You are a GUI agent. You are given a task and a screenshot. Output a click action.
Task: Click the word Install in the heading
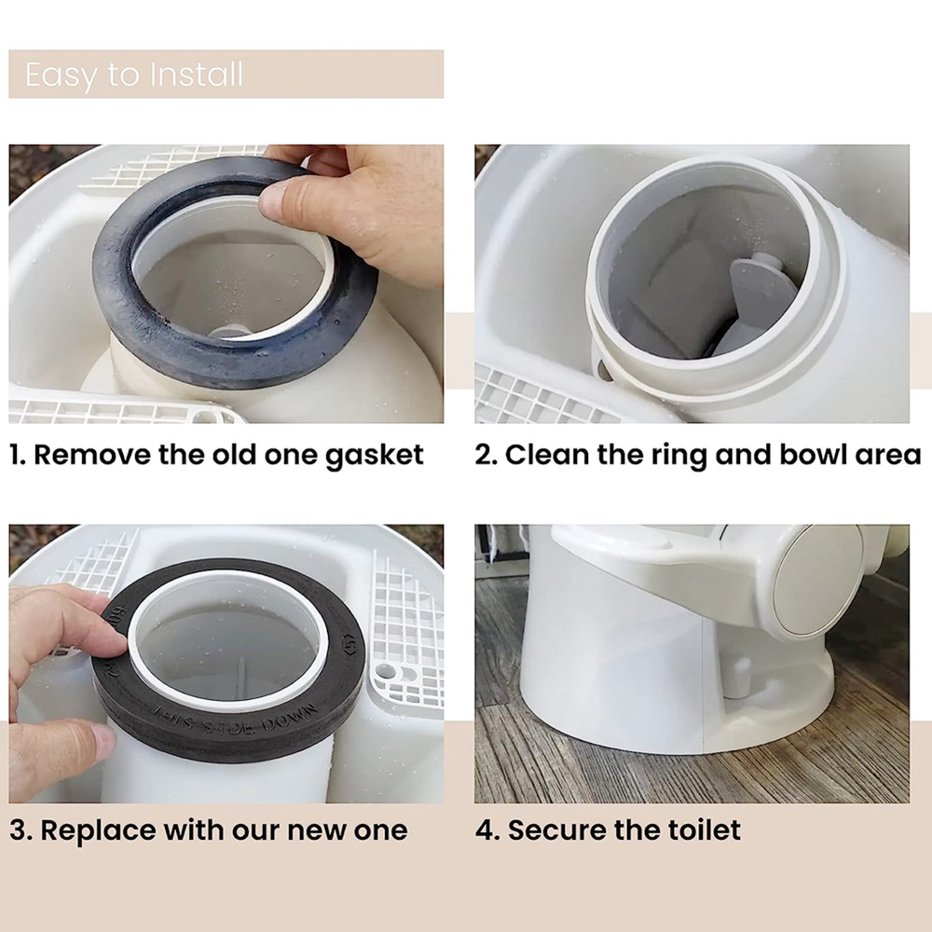point(197,75)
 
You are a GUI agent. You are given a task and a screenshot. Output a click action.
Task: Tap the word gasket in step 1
point(375,456)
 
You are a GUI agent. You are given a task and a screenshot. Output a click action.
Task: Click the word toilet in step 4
point(706,829)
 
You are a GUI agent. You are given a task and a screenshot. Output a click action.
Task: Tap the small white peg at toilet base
point(739,676)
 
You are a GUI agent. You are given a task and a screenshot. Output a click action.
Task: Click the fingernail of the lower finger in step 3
point(103,741)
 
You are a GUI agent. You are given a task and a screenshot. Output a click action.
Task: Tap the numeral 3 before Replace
point(19,830)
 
